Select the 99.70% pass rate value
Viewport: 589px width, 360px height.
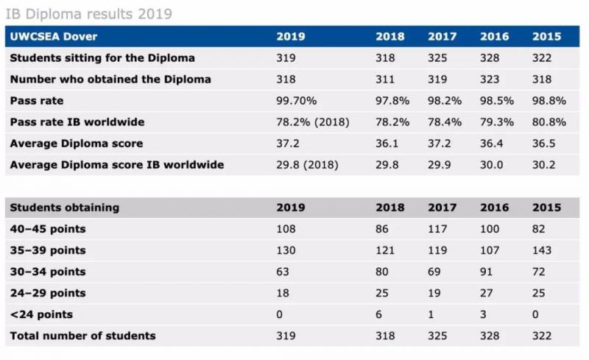coord(296,100)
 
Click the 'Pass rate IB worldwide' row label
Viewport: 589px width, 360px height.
coord(77,121)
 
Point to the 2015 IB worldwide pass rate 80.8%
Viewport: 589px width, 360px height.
coord(546,121)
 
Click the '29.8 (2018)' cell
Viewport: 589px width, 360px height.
coord(307,164)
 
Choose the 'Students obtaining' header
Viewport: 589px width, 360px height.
coord(64,208)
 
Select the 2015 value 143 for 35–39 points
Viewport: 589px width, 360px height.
coord(542,250)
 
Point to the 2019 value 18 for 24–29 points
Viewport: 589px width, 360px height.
coord(283,293)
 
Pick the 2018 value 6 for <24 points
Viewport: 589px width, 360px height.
coord(378,314)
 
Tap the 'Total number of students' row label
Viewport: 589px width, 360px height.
coord(82,336)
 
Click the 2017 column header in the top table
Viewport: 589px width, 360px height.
coord(442,36)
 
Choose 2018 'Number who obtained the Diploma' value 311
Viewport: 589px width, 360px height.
coord(387,79)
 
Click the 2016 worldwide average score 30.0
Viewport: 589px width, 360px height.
coord(492,164)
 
